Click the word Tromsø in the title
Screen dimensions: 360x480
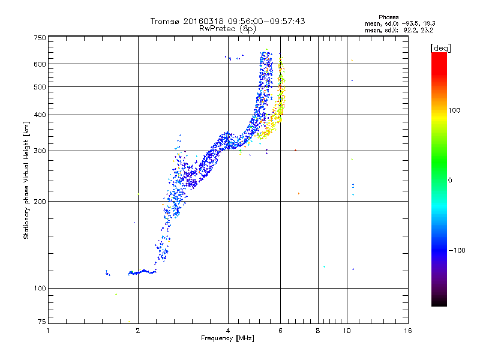click(x=167, y=21)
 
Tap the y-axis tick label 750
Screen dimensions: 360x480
click(x=40, y=38)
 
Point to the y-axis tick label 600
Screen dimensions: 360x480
click(x=40, y=64)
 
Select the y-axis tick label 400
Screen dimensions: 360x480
click(x=40, y=115)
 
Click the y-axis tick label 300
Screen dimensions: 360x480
click(x=40, y=151)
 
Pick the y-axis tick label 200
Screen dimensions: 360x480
click(x=40, y=202)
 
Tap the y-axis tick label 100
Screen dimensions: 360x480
click(x=40, y=289)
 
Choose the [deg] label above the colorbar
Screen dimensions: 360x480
click(x=441, y=47)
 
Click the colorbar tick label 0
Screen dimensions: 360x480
click(x=450, y=180)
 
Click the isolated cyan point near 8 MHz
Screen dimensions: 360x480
click(x=324, y=266)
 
